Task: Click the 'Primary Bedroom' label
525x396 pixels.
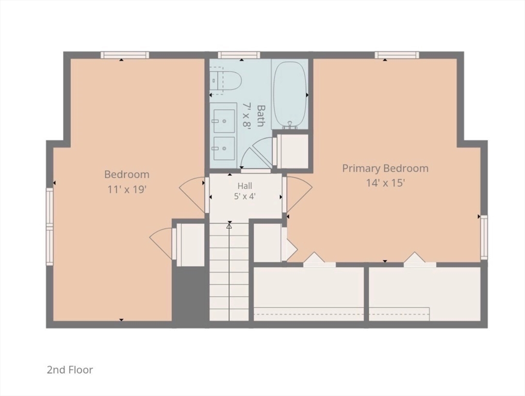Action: click(x=385, y=169)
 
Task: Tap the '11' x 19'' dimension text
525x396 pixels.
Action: click(x=127, y=189)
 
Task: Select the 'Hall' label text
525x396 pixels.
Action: click(x=245, y=186)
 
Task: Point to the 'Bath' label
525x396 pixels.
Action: click(x=260, y=116)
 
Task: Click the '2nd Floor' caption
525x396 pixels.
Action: click(x=70, y=370)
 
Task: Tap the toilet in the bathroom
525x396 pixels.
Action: click(x=226, y=80)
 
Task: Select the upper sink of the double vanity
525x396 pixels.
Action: click(x=224, y=121)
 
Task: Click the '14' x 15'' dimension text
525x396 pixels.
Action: click(x=386, y=183)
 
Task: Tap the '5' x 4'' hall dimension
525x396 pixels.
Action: click(x=245, y=196)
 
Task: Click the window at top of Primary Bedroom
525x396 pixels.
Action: click(x=397, y=55)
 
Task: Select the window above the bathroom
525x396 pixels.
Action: click(x=239, y=55)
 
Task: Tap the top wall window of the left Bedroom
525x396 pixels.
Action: click(x=125, y=55)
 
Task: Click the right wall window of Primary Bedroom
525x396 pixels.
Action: click(x=484, y=237)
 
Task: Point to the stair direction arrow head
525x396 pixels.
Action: click(x=229, y=226)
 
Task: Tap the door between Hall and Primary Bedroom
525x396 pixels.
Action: click(x=298, y=194)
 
